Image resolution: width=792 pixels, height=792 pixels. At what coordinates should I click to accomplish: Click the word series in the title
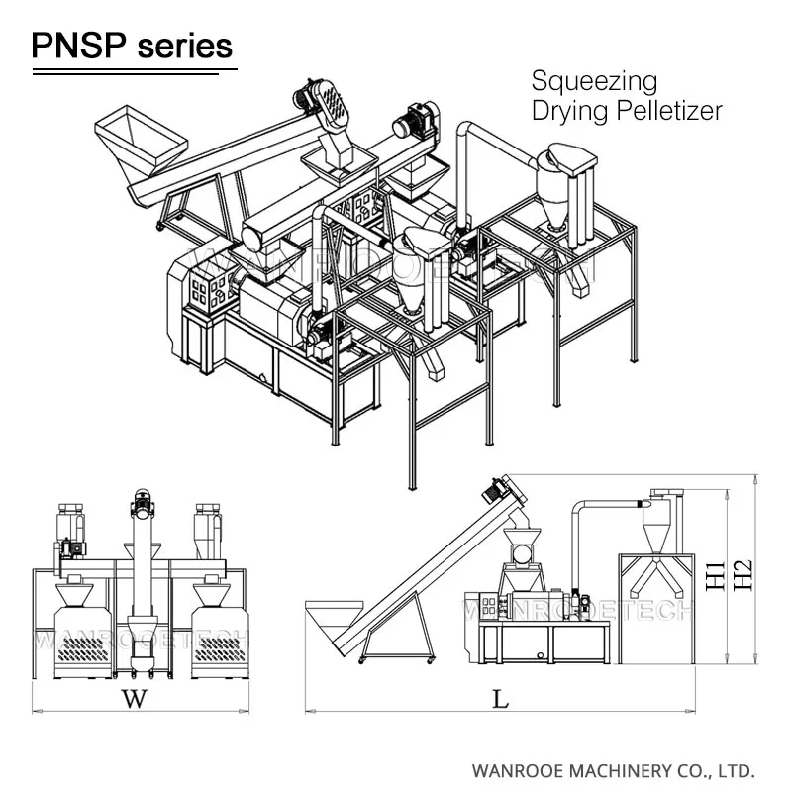184,45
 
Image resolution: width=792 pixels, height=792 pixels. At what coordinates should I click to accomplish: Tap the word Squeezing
594,80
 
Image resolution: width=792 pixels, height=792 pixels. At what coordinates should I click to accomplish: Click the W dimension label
134,699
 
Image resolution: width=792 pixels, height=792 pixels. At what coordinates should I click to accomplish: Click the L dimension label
501,699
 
